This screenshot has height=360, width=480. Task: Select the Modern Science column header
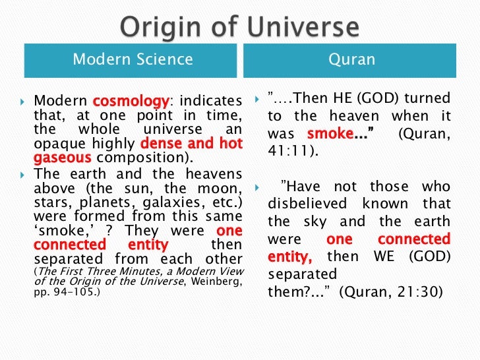(x=133, y=60)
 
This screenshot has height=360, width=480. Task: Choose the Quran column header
(x=351, y=60)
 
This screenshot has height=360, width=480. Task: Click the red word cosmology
(x=131, y=102)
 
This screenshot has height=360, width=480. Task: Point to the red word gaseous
(x=63, y=158)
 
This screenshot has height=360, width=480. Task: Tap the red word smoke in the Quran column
(x=337, y=133)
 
